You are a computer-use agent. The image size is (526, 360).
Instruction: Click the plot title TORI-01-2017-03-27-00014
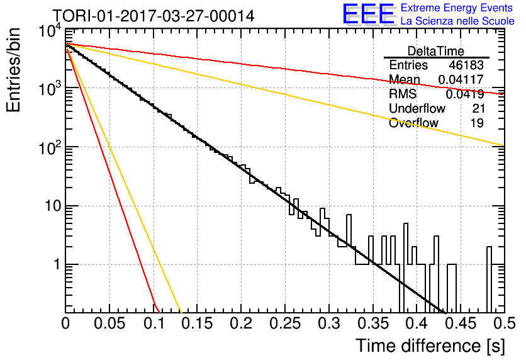pyautogui.click(x=154, y=16)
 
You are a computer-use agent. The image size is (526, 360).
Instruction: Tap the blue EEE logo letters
pyautogui.click(x=369, y=14)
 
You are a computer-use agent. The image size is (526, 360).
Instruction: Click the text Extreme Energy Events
pyautogui.click(x=457, y=8)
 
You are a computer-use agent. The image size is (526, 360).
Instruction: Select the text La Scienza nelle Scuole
pyautogui.click(x=457, y=21)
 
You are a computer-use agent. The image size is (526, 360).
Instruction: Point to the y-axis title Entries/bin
pyautogui.click(x=13, y=70)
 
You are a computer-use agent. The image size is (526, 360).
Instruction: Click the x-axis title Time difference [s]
pyautogui.click(x=430, y=346)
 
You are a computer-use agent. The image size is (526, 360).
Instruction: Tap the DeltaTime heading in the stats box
pyautogui.click(x=436, y=51)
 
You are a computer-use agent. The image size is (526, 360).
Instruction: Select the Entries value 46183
pyautogui.click(x=466, y=65)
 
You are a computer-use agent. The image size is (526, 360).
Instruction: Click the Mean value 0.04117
pyautogui.click(x=461, y=79)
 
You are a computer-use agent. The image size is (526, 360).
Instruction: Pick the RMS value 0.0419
pyautogui.click(x=464, y=94)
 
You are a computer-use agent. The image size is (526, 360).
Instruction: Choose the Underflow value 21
pyautogui.click(x=478, y=108)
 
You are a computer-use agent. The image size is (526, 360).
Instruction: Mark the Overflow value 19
pyautogui.click(x=478, y=123)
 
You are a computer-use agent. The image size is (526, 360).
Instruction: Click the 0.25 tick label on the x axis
pyautogui.click(x=285, y=323)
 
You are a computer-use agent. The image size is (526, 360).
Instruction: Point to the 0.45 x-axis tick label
pyautogui.click(x=461, y=323)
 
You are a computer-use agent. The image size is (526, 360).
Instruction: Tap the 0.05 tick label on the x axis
pyautogui.click(x=109, y=323)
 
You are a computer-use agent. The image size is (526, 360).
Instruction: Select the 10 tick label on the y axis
pyautogui.click(x=53, y=206)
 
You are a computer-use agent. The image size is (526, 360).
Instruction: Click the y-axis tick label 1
pyautogui.click(x=57, y=265)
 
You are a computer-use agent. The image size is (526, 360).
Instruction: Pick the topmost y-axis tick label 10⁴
pyautogui.click(x=50, y=32)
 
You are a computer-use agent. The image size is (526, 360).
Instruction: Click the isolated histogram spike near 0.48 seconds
pyautogui.click(x=489, y=279)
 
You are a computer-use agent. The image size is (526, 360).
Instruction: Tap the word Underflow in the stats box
pyautogui.click(x=417, y=108)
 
